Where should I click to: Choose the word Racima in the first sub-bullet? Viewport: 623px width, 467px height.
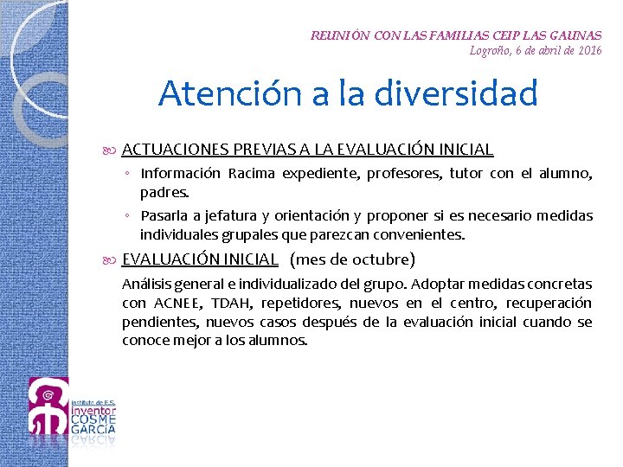coord(252,174)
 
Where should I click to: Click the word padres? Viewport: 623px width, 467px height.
coord(164,192)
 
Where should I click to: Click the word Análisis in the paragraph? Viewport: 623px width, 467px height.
coord(146,284)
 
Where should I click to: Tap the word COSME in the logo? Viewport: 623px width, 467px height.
coord(93,421)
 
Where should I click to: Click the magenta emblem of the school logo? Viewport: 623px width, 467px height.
coord(48,406)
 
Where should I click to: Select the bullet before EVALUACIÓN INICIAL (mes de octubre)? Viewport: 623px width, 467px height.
coord(112,259)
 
